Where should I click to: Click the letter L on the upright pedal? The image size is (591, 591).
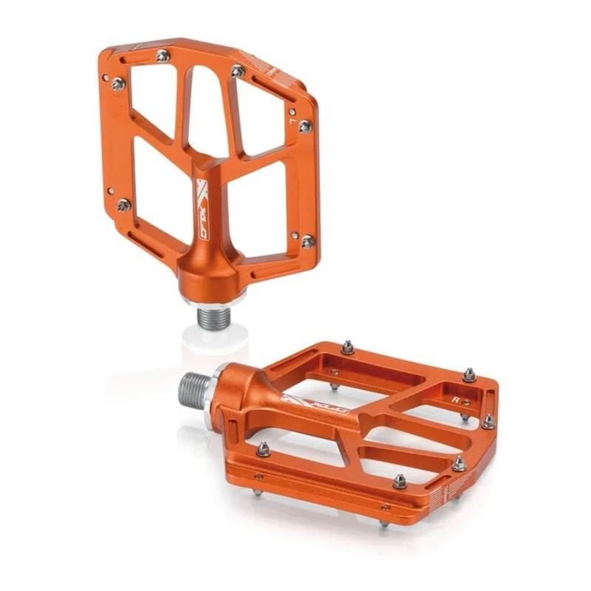click(x=293, y=116)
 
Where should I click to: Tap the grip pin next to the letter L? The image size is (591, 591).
click(x=304, y=126)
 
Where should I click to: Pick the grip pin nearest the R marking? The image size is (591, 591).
click(x=468, y=375)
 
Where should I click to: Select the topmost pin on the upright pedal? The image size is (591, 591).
click(x=162, y=54)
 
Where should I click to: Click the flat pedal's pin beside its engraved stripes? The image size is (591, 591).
click(x=459, y=464)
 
